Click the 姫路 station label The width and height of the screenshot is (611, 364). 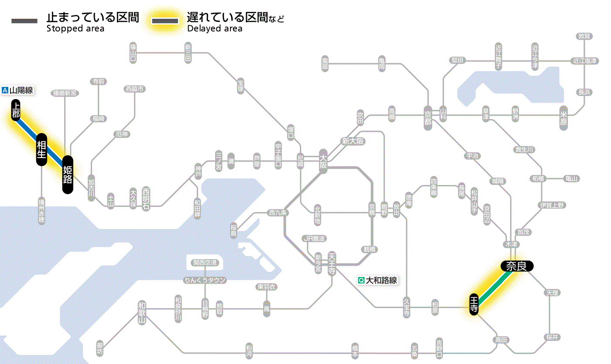(68, 175)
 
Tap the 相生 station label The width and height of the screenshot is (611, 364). (41, 149)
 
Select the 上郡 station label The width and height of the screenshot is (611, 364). (16, 110)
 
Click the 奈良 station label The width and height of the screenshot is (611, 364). (516, 266)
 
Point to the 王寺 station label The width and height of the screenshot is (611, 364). (474, 304)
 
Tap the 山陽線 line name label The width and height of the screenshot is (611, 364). (18, 91)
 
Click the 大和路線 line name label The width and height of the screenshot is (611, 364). (378, 280)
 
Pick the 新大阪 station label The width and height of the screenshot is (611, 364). (353, 141)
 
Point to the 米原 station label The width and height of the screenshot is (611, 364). (564, 117)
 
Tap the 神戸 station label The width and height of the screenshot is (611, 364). (198, 172)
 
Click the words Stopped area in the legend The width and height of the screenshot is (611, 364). (75, 29)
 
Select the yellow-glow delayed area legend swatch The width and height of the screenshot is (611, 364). (165, 21)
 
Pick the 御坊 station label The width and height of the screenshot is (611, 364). (101, 348)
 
